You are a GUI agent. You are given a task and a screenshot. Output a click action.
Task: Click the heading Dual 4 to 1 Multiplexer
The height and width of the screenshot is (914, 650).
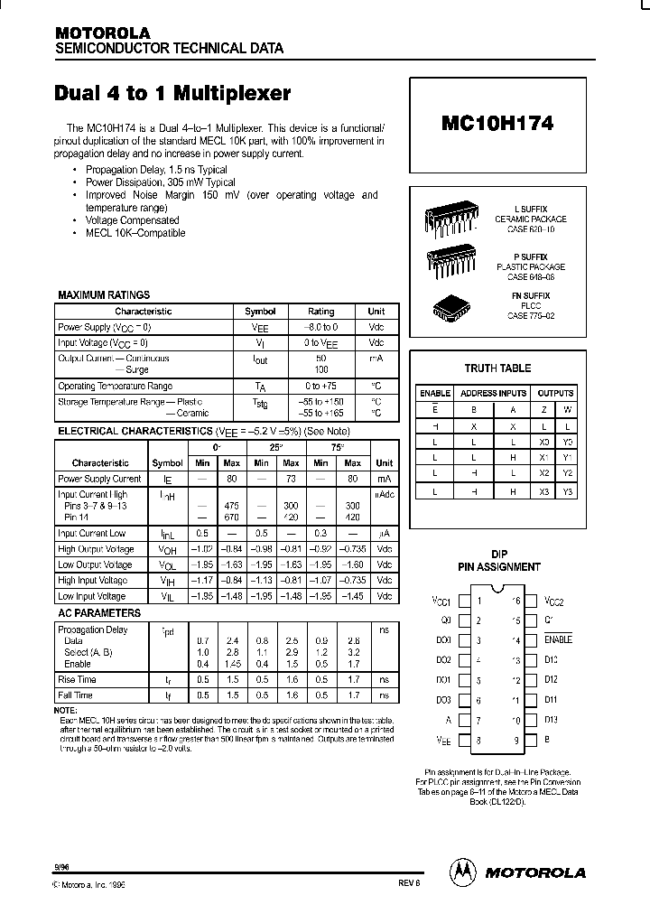point(173,93)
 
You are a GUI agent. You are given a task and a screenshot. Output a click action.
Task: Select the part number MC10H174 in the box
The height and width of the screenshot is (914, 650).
point(497,122)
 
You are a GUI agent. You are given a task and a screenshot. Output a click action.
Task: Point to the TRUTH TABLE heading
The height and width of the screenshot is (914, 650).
point(497,368)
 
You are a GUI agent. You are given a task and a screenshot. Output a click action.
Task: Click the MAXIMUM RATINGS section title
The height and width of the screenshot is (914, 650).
point(104,295)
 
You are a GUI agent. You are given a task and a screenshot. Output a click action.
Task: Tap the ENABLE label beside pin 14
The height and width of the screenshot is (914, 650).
point(558,639)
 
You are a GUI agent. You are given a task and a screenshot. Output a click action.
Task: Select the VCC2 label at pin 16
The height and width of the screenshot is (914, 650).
point(554,600)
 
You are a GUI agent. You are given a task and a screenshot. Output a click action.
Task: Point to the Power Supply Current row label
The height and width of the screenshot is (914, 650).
point(99,479)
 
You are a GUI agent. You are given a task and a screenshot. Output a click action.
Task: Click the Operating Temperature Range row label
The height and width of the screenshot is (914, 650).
point(115,386)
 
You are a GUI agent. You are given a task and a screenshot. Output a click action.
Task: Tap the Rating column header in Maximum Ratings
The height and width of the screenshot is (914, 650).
point(320,311)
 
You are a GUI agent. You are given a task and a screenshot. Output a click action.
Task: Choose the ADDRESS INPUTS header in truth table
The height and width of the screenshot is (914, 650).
point(493,393)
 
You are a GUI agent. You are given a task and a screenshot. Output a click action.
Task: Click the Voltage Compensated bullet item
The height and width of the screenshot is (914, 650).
point(132,220)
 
